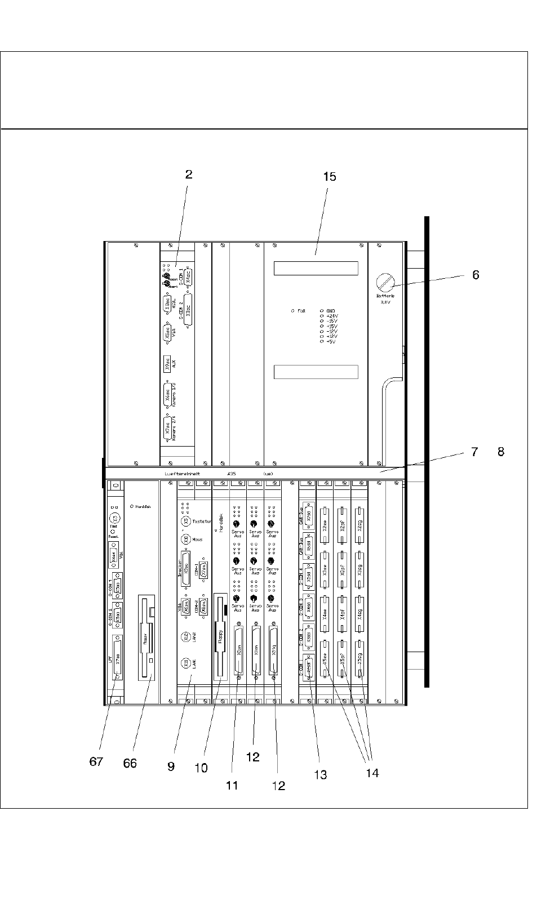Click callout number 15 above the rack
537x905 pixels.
coord(330,177)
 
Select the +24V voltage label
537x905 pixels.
coord(331,316)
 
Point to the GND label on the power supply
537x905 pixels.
coord(330,310)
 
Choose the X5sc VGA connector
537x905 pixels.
coord(167,332)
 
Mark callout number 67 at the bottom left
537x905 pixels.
coord(96,762)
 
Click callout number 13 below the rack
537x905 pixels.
coord(320,775)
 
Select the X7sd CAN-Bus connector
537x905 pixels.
coord(308,512)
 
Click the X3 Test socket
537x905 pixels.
coord(115,518)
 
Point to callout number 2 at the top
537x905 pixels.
coord(189,175)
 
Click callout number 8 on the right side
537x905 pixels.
coord(501,452)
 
